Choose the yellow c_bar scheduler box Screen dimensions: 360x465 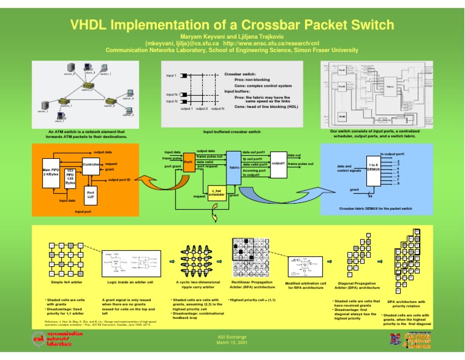click(216, 193)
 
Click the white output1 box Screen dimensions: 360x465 click(278, 164)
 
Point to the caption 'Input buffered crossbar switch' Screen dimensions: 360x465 click(232, 132)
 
